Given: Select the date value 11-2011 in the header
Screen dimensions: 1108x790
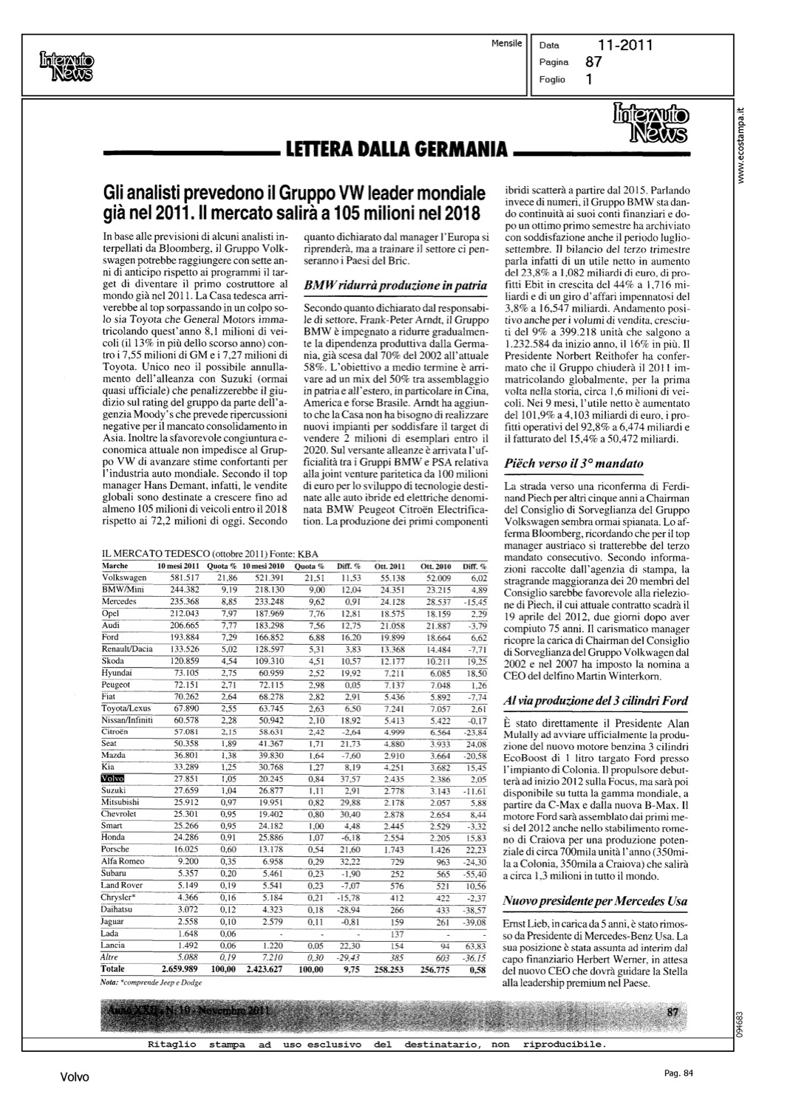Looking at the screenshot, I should point(625,45).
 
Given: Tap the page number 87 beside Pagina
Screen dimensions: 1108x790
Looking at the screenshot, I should point(594,63).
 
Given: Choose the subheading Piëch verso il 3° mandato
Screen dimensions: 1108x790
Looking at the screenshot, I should point(573,464).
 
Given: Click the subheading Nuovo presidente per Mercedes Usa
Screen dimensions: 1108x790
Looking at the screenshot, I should point(596,900).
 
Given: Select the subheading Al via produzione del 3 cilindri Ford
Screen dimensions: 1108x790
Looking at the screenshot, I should point(596,700).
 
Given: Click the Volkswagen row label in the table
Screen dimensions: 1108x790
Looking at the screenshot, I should point(123,578).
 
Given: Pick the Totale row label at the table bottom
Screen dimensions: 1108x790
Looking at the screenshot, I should point(113,968).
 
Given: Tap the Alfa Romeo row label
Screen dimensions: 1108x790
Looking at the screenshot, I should point(123,861).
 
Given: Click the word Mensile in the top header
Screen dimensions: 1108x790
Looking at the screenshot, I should point(506,43).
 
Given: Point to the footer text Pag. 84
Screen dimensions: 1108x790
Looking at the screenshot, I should point(678,1073).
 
